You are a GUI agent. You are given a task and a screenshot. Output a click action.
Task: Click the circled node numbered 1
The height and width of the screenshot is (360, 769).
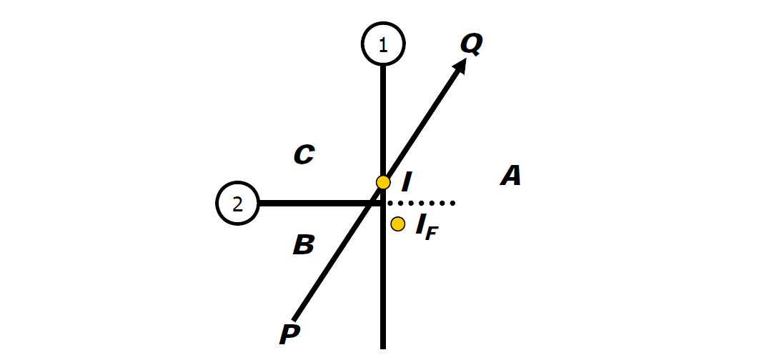click(x=383, y=44)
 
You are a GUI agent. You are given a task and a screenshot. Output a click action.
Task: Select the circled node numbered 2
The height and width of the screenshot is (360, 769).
click(x=238, y=203)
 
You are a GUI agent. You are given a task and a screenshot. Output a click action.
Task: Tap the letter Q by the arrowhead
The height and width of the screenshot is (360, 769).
click(x=472, y=44)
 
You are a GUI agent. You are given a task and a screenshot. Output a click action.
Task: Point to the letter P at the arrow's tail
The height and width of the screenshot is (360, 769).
click(x=289, y=334)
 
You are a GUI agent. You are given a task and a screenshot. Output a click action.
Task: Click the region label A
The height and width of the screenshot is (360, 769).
click(x=510, y=176)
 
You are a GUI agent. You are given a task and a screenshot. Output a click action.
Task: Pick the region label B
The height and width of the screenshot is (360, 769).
click(x=304, y=244)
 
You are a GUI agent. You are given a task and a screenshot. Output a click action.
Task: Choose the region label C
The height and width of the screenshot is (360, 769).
click(x=304, y=154)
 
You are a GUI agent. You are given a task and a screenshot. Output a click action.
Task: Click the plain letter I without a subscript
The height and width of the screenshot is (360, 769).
click(x=406, y=182)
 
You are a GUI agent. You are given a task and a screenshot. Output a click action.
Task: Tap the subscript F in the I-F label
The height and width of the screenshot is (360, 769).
click(x=431, y=234)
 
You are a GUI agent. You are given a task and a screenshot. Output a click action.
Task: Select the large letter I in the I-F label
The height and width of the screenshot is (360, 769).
click(x=420, y=224)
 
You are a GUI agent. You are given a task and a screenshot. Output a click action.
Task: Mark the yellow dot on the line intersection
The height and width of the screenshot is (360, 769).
click(x=383, y=182)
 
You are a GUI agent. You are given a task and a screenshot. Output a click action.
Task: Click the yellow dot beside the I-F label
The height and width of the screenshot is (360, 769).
click(x=398, y=224)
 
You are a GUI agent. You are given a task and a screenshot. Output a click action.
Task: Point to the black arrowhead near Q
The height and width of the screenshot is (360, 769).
click(x=460, y=64)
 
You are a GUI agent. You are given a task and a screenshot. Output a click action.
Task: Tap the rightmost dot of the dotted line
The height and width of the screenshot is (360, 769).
click(x=452, y=203)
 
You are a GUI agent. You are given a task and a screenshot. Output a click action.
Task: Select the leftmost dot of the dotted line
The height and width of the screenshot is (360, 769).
click(x=390, y=203)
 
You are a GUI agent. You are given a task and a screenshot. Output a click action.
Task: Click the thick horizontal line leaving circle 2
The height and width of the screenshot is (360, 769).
click(x=319, y=203)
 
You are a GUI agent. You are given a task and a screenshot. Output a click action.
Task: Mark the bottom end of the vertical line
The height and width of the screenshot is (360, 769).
click(x=383, y=349)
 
